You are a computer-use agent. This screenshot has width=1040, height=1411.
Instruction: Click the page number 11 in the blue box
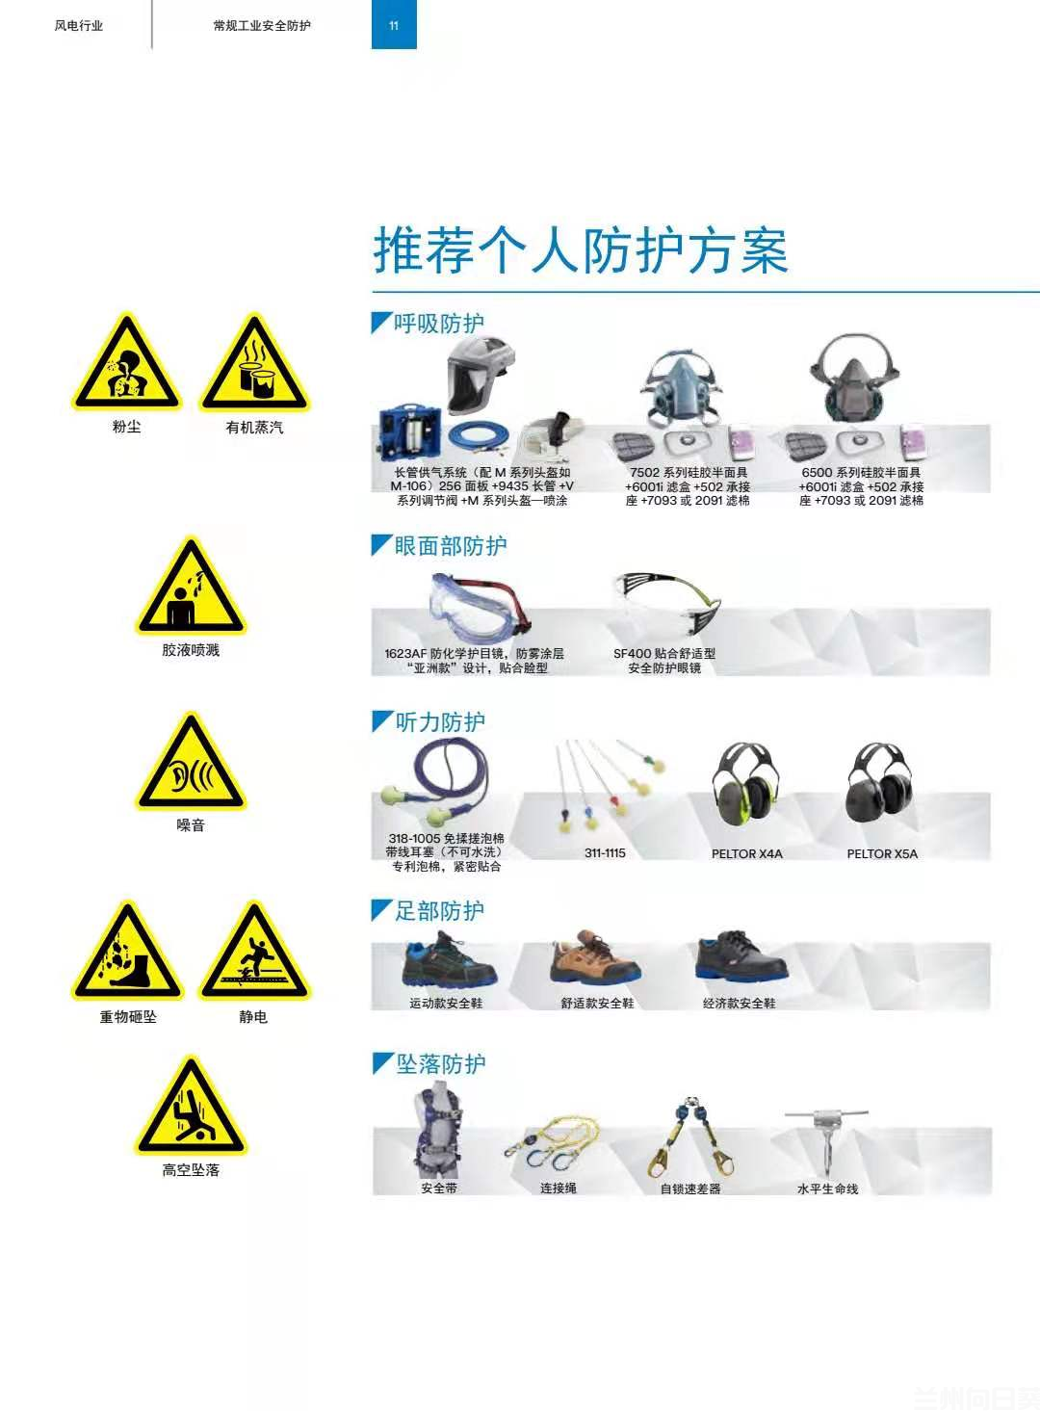point(394,26)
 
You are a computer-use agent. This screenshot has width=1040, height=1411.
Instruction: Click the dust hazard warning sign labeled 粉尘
point(126,366)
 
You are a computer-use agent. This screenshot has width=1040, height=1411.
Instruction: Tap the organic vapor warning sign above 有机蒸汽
point(254,366)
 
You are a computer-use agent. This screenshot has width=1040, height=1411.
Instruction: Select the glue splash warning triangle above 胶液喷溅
point(191,589)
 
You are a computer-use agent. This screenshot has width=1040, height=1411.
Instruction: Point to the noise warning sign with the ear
point(191,766)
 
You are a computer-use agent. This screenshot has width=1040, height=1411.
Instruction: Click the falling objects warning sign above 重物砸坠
point(127,954)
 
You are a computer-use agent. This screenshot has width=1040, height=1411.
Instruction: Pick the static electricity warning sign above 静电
point(254,954)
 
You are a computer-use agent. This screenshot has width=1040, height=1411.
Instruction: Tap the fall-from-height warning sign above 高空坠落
point(191,1109)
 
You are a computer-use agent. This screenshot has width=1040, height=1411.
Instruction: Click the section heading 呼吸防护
point(438,324)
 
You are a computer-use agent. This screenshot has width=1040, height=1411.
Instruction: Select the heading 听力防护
point(440,722)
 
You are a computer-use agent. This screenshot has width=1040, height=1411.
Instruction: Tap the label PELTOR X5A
point(882,854)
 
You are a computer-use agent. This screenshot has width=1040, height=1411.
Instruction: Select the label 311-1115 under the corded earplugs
point(605,853)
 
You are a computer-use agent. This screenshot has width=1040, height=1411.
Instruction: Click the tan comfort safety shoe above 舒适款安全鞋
point(594,957)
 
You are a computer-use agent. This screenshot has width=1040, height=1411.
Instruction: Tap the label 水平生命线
point(827,1189)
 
